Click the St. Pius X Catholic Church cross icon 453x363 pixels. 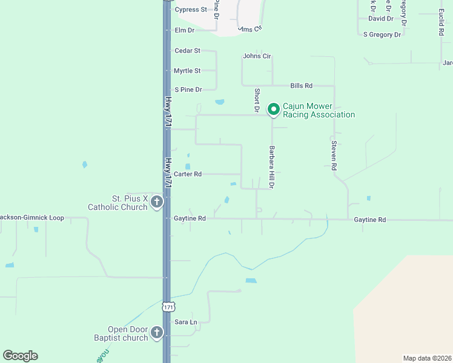(156, 202)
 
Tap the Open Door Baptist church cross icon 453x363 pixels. (156, 332)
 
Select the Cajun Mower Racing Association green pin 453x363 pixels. (273, 110)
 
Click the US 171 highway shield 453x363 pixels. (169, 307)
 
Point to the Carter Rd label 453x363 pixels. (187, 174)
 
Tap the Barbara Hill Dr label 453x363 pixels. (273, 167)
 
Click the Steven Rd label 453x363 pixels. (334, 155)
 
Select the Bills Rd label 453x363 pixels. (301, 86)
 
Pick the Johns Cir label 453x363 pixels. (257, 56)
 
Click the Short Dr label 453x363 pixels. (257, 100)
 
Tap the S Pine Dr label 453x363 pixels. (188, 90)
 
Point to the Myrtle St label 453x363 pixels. (187, 71)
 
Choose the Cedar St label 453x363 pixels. (187, 51)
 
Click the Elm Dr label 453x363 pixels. (184, 30)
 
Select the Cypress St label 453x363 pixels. (191, 10)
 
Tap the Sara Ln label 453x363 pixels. (186, 322)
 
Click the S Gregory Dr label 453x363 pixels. (382, 35)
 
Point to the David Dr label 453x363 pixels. (381, 19)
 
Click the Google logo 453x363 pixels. (20, 356)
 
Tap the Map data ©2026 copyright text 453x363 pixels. (427, 358)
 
